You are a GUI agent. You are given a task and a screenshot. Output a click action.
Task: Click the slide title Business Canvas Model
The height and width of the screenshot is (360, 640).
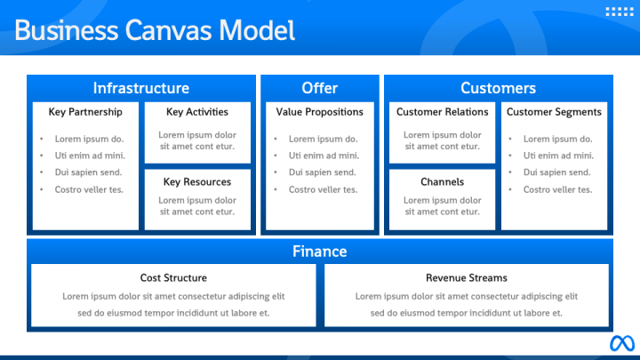pyautogui.click(x=155, y=30)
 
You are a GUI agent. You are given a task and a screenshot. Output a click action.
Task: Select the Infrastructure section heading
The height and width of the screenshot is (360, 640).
pyautogui.click(x=140, y=88)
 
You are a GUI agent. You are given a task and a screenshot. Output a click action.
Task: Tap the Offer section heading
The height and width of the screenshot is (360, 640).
pyautogui.click(x=319, y=88)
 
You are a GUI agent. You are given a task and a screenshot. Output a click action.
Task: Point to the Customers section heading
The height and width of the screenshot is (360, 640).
pyautogui.click(x=498, y=88)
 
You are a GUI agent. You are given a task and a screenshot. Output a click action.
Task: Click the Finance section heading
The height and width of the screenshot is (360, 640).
pyautogui.click(x=319, y=252)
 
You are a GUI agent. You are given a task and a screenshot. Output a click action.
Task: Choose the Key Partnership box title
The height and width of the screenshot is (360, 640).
pyautogui.click(x=85, y=112)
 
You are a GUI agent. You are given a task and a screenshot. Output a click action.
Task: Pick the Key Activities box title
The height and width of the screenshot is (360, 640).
pyautogui.click(x=197, y=112)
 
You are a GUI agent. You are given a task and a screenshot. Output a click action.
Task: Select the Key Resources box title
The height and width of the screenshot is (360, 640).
pyautogui.click(x=197, y=182)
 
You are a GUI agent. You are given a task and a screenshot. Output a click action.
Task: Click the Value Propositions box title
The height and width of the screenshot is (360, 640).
pyautogui.click(x=319, y=112)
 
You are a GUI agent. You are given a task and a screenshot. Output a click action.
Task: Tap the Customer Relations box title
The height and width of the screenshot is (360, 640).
pyautogui.click(x=442, y=112)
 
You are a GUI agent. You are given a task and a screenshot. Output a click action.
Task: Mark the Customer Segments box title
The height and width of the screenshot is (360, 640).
pyautogui.click(x=554, y=112)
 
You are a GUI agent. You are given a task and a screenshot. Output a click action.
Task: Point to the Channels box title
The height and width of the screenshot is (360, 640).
pyautogui.click(x=442, y=182)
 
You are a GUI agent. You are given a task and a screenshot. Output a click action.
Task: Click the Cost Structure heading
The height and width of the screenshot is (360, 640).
pyautogui.click(x=173, y=277)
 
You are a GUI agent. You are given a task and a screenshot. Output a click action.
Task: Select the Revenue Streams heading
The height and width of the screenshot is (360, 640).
pyautogui.click(x=467, y=277)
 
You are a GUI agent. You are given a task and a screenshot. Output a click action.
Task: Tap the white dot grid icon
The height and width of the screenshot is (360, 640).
pyautogui.click(x=618, y=12)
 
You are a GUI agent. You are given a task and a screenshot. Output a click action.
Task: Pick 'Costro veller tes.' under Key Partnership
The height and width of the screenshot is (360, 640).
pyautogui.click(x=89, y=189)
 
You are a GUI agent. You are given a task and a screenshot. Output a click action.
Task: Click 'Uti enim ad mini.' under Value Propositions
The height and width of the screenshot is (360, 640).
pyautogui.click(x=324, y=156)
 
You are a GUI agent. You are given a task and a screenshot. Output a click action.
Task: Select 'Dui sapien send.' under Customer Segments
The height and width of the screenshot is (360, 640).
pyautogui.click(x=557, y=172)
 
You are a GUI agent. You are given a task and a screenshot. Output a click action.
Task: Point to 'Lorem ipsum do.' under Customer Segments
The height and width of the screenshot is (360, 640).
pyautogui.click(x=557, y=139)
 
